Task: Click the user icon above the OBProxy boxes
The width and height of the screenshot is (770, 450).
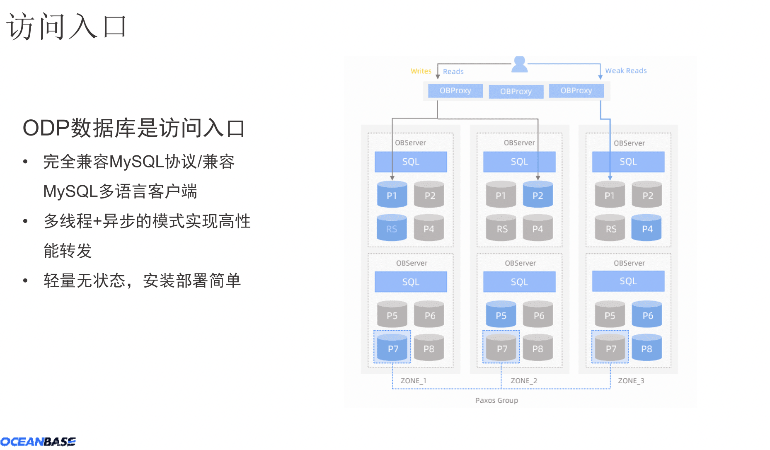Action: tap(519, 65)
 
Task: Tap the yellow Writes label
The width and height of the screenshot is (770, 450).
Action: tap(421, 71)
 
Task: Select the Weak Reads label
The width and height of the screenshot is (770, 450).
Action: tap(625, 71)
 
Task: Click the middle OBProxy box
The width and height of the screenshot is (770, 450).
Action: tap(516, 91)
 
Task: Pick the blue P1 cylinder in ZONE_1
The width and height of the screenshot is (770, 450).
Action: tap(392, 194)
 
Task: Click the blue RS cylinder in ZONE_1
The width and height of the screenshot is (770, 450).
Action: tap(391, 228)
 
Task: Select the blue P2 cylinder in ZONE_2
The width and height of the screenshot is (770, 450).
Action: tap(538, 194)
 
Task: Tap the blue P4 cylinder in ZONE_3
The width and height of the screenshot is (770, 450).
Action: tap(647, 228)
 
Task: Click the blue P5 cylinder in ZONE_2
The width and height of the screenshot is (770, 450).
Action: tap(501, 315)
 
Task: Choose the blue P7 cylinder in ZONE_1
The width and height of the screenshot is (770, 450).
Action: tap(392, 348)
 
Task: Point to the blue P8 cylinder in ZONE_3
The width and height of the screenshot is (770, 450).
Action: tap(647, 348)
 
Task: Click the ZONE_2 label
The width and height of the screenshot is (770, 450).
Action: tap(523, 381)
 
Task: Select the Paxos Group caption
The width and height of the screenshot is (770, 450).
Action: tap(496, 400)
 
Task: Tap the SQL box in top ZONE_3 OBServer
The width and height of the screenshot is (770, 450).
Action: tap(628, 162)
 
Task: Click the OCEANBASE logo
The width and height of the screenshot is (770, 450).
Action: tap(38, 442)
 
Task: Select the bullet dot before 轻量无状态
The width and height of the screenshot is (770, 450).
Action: tap(26, 281)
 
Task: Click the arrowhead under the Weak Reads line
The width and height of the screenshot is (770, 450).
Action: tap(600, 77)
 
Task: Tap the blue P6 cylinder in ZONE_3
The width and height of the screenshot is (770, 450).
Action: tap(647, 315)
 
